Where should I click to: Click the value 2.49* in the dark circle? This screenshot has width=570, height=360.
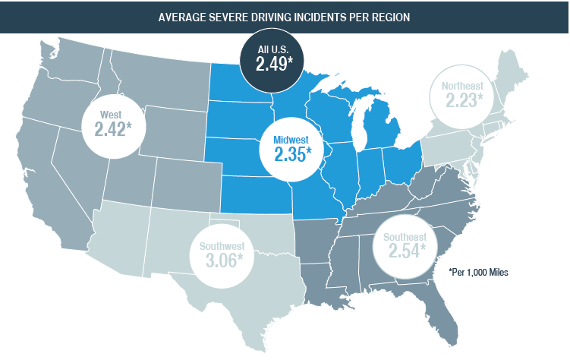pyautogui.click(x=275, y=65)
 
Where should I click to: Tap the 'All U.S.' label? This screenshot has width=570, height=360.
pyautogui.click(x=274, y=49)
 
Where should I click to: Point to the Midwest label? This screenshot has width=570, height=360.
pyautogui.click(x=291, y=140)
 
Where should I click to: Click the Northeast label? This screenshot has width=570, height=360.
pyautogui.click(x=461, y=86)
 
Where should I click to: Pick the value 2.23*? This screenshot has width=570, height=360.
pyautogui.click(x=461, y=100)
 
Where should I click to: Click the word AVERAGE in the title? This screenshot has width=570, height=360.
pyautogui.click(x=181, y=17)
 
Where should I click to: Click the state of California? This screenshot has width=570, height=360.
pyautogui.click(x=53, y=182)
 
